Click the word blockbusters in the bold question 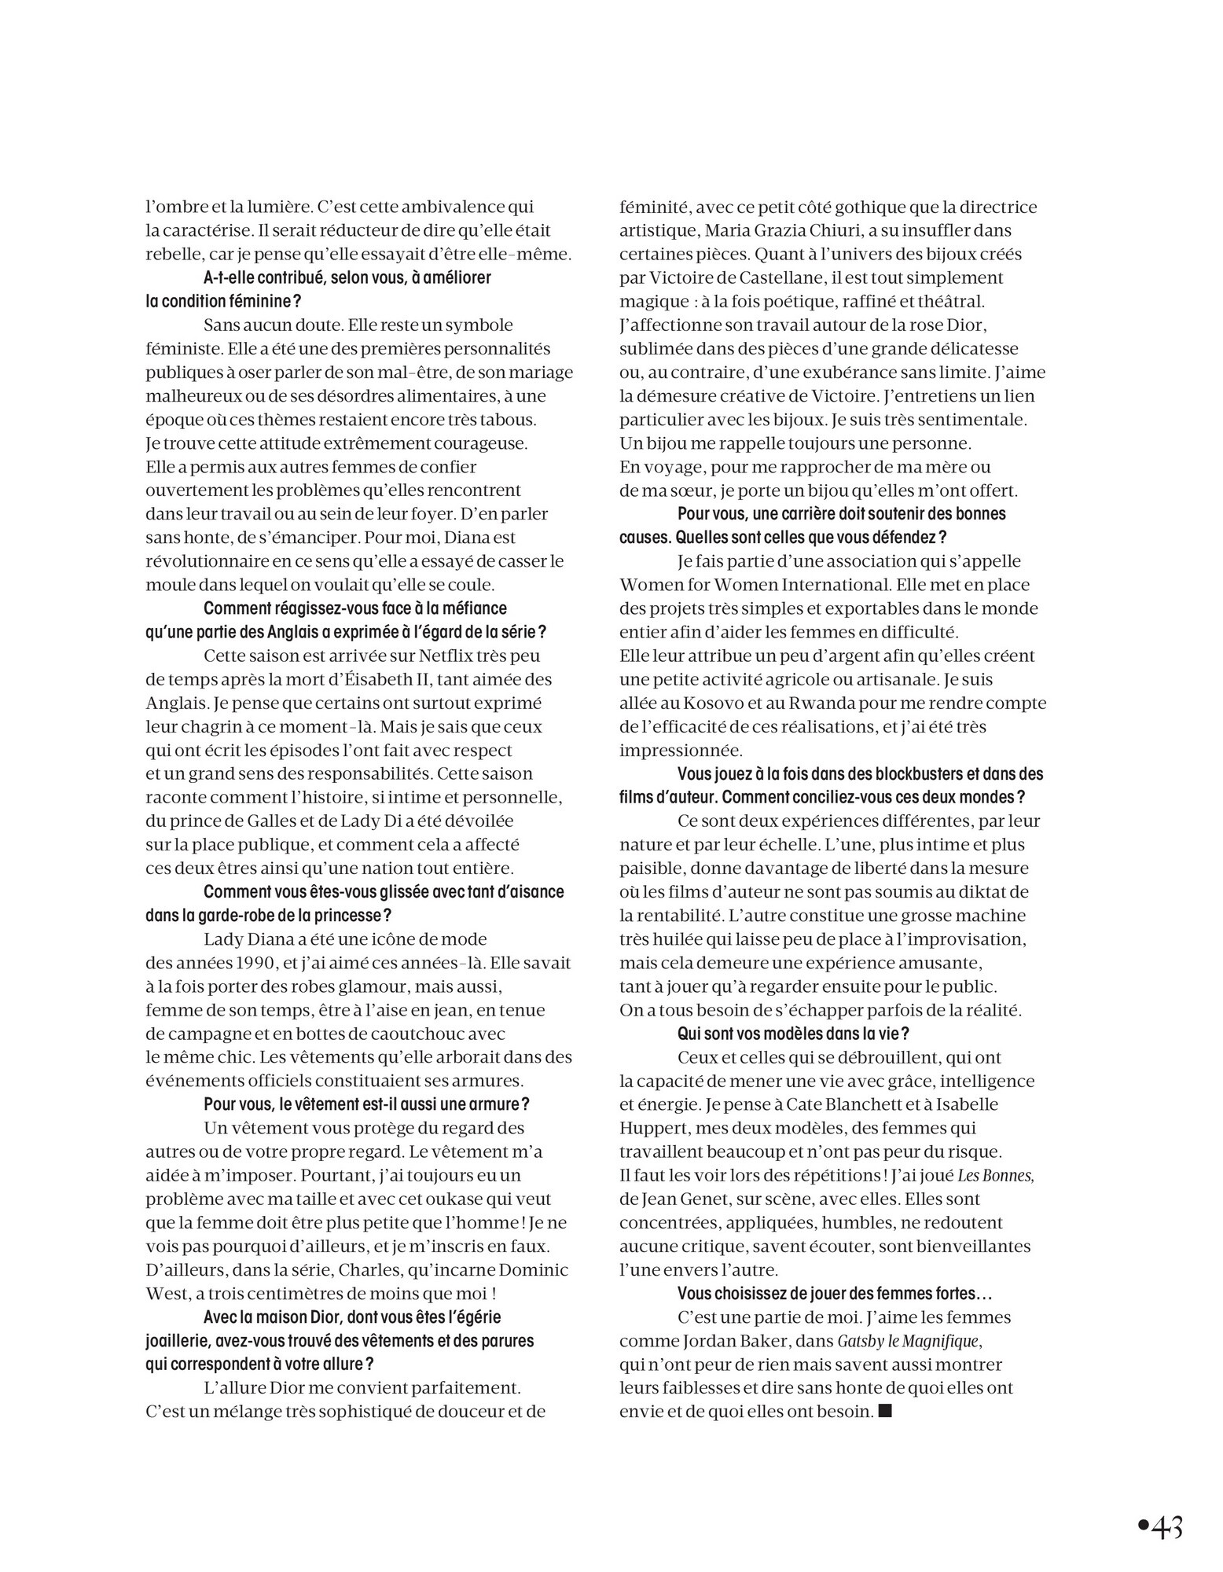click(x=911, y=774)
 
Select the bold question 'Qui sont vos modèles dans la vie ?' click(x=794, y=1034)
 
